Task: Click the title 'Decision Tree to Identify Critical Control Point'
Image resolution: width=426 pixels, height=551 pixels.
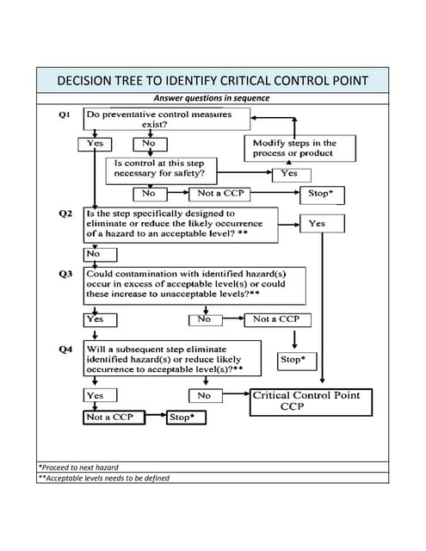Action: (213, 81)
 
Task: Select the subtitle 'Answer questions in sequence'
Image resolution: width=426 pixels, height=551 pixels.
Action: (213, 98)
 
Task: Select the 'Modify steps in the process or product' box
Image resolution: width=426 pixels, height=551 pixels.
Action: (293, 148)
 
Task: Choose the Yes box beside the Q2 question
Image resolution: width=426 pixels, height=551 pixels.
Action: (317, 223)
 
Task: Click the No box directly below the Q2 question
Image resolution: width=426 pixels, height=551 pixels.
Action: (93, 254)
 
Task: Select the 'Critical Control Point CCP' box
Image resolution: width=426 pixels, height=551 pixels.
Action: (312, 401)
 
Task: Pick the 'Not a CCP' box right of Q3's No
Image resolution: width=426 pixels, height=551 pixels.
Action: (276, 319)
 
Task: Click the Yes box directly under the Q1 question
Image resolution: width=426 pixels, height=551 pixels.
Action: (94, 144)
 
